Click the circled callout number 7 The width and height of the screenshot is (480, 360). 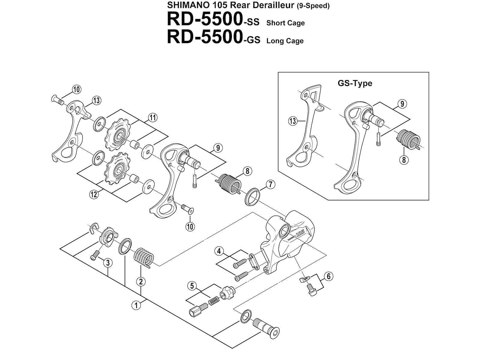pos(271,185)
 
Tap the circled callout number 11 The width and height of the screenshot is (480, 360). pos(153,118)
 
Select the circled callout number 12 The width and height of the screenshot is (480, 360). pos(94,194)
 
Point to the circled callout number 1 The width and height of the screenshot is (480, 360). pos(136,305)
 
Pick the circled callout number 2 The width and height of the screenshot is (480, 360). pos(141,281)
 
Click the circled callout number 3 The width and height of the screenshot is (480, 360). pos(108,263)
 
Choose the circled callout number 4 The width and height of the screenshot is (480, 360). pos(219,251)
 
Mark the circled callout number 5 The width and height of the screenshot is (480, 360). pos(192,286)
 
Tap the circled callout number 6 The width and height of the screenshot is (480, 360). pos(329,277)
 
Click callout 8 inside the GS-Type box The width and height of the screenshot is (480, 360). pos(404,160)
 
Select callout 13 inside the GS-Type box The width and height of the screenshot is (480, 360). pos(293,121)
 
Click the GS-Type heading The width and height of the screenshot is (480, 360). pos(355,83)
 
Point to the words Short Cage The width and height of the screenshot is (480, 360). pos(285,23)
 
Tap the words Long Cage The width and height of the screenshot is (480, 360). pos(285,41)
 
